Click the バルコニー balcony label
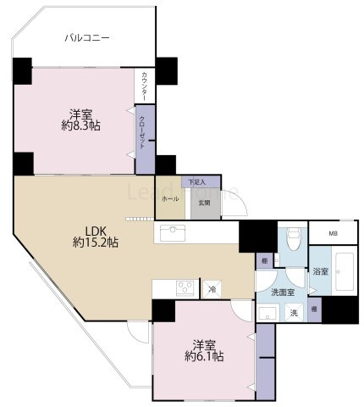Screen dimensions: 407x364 (86, 37)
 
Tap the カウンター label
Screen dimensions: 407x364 (145, 86)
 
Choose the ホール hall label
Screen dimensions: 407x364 (169, 198)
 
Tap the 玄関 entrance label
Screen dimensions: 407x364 (204, 203)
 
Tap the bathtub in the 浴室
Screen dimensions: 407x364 (342, 271)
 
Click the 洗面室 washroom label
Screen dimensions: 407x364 (282, 292)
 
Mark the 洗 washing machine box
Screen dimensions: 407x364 (295, 312)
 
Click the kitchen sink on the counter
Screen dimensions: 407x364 (171, 231)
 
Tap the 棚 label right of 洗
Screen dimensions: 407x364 (315, 310)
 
